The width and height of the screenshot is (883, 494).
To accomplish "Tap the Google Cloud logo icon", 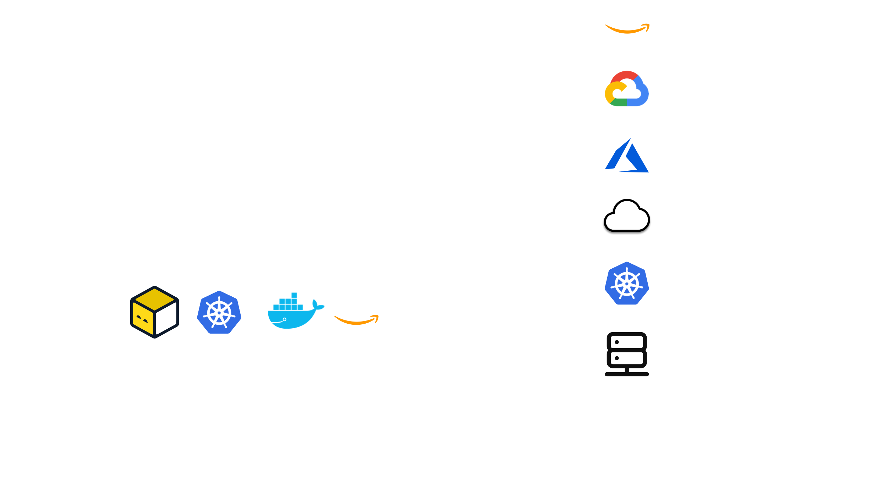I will pos(627,89).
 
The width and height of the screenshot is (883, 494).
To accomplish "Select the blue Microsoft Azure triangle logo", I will pos(627,156).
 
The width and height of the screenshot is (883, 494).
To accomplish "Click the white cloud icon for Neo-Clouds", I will pos(627,216).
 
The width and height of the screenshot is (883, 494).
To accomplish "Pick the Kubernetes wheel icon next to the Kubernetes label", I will pos(627,284).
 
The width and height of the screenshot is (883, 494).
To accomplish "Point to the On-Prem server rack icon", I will pos(627,353).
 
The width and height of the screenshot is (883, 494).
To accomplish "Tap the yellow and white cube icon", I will pos(154,312).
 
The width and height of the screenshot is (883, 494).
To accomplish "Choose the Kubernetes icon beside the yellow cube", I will pos(219,312).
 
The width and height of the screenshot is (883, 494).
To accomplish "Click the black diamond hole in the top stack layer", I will pos(254,167).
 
